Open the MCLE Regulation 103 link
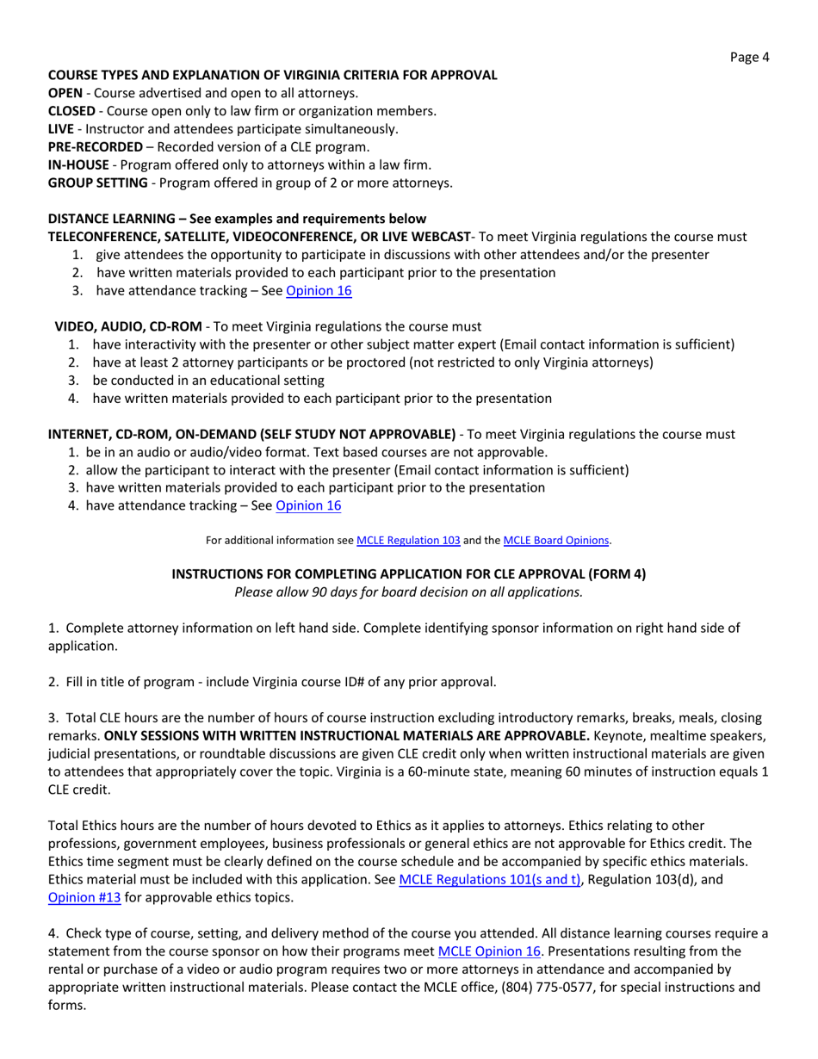tap(408, 541)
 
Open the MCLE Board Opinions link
tap(556, 541)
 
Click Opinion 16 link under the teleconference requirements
tap(319, 291)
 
